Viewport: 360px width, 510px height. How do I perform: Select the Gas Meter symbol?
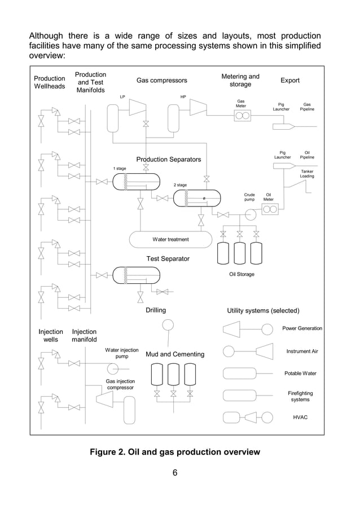[x=242, y=116]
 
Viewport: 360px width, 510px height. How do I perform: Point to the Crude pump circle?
[x=249, y=214]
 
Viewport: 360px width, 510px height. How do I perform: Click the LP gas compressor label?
[x=122, y=97]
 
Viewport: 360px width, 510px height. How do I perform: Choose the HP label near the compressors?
[x=183, y=97]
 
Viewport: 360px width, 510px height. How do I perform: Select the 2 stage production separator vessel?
[x=196, y=198]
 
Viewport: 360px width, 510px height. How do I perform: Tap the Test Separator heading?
[x=168, y=258]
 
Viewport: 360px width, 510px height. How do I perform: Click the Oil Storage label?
[x=242, y=274]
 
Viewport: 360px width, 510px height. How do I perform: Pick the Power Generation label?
[x=302, y=328]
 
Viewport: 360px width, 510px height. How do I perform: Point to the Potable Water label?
[x=300, y=373]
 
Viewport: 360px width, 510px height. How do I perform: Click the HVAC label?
[x=300, y=417]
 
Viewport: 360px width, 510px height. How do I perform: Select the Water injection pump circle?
[x=113, y=369]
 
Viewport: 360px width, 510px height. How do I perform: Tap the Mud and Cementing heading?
[x=175, y=354]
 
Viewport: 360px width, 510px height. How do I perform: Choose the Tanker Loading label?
[x=307, y=174]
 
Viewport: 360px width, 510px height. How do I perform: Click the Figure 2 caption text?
[x=175, y=452]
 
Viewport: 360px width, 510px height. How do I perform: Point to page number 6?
[x=175, y=473]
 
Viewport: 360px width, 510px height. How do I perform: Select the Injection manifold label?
[x=84, y=336]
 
